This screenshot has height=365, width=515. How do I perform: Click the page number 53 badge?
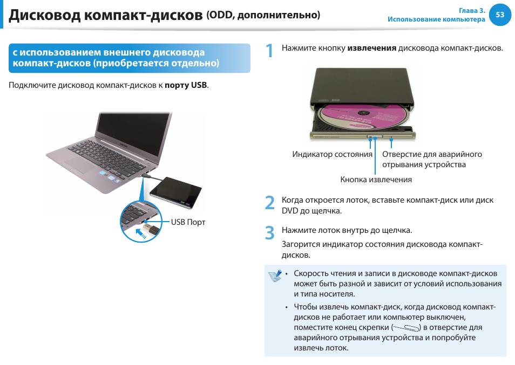click(x=500, y=15)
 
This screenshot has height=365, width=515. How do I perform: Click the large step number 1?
click(x=270, y=51)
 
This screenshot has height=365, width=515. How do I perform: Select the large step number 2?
click(x=270, y=203)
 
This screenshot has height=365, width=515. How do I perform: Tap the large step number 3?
click(x=270, y=233)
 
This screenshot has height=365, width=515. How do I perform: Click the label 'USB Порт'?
click(x=188, y=222)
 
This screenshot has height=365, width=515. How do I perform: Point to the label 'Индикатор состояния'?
click(x=332, y=154)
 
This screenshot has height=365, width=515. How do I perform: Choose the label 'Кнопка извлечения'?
click(x=376, y=180)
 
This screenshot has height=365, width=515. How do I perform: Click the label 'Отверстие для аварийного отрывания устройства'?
click(x=431, y=159)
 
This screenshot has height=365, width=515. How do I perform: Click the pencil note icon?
click(x=275, y=276)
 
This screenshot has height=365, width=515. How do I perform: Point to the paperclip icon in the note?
click(x=406, y=328)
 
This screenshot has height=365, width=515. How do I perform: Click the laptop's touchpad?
click(x=81, y=166)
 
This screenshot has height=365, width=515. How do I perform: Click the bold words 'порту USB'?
click(x=186, y=85)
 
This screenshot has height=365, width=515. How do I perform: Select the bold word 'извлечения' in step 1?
click(x=371, y=48)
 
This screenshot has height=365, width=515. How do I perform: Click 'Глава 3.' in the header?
click(x=472, y=11)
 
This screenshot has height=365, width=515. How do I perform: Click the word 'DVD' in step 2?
click(x=290, y=211)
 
